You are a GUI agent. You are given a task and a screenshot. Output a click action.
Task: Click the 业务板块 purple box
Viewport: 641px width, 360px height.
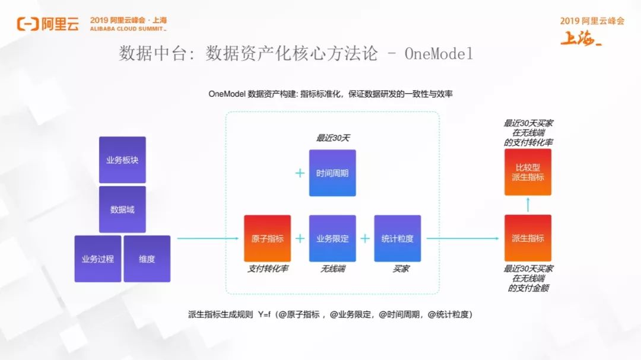(122, 160)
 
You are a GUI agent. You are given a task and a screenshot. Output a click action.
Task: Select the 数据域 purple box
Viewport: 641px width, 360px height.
(122, 209)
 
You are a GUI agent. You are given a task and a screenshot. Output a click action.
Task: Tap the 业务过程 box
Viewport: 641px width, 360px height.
(97, 259)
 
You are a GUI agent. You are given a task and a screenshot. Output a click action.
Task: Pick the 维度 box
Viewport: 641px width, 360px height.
(147, 259)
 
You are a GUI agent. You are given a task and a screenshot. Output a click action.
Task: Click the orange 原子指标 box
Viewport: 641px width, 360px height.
(267, 238)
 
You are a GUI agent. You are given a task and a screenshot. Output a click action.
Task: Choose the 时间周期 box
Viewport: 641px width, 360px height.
(332, 173)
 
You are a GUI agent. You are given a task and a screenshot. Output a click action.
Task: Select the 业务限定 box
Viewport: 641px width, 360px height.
(332, 238)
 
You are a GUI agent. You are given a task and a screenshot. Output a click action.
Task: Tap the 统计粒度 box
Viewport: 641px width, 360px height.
(397, 238)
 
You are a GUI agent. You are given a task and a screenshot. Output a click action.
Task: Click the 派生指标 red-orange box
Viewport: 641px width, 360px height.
(528, 238)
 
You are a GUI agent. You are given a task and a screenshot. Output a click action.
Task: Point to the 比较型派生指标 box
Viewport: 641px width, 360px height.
(528, 172)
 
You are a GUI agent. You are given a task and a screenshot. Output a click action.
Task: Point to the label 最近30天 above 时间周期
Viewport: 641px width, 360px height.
(333, 138)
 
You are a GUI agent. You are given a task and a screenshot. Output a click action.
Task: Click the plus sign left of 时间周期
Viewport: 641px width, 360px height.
(300, 173)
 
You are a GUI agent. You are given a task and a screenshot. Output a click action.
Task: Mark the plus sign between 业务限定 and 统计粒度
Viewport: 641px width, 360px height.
(365, 238)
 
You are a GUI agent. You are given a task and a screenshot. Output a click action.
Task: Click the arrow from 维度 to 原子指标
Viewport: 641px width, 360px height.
(208, 239)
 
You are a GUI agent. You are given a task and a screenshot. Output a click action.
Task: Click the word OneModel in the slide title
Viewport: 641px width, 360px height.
(439, 55)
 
